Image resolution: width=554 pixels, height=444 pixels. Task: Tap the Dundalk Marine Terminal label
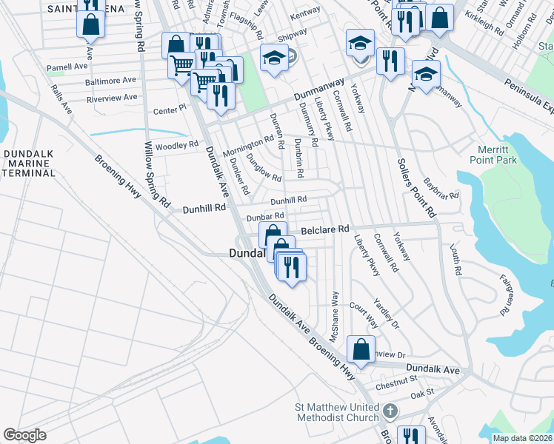click(x=29, y=163)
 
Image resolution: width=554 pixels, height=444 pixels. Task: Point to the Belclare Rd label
click(x=323, y=230)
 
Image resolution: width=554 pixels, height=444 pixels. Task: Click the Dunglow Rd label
click(x=264, y=173)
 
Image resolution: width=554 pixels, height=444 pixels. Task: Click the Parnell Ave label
click(x=68, y=67)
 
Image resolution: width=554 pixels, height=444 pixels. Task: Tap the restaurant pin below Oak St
click(x=410, y=436)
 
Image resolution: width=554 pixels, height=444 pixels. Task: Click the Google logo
click(x=24, y=435)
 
